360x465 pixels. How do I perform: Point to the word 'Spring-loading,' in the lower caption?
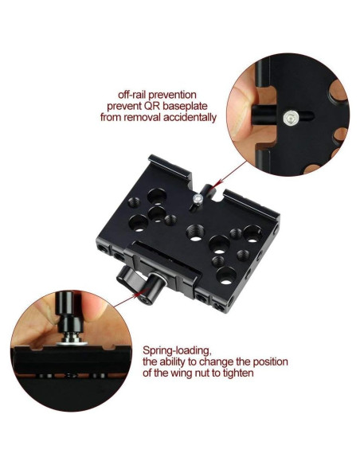click(177, 350)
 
